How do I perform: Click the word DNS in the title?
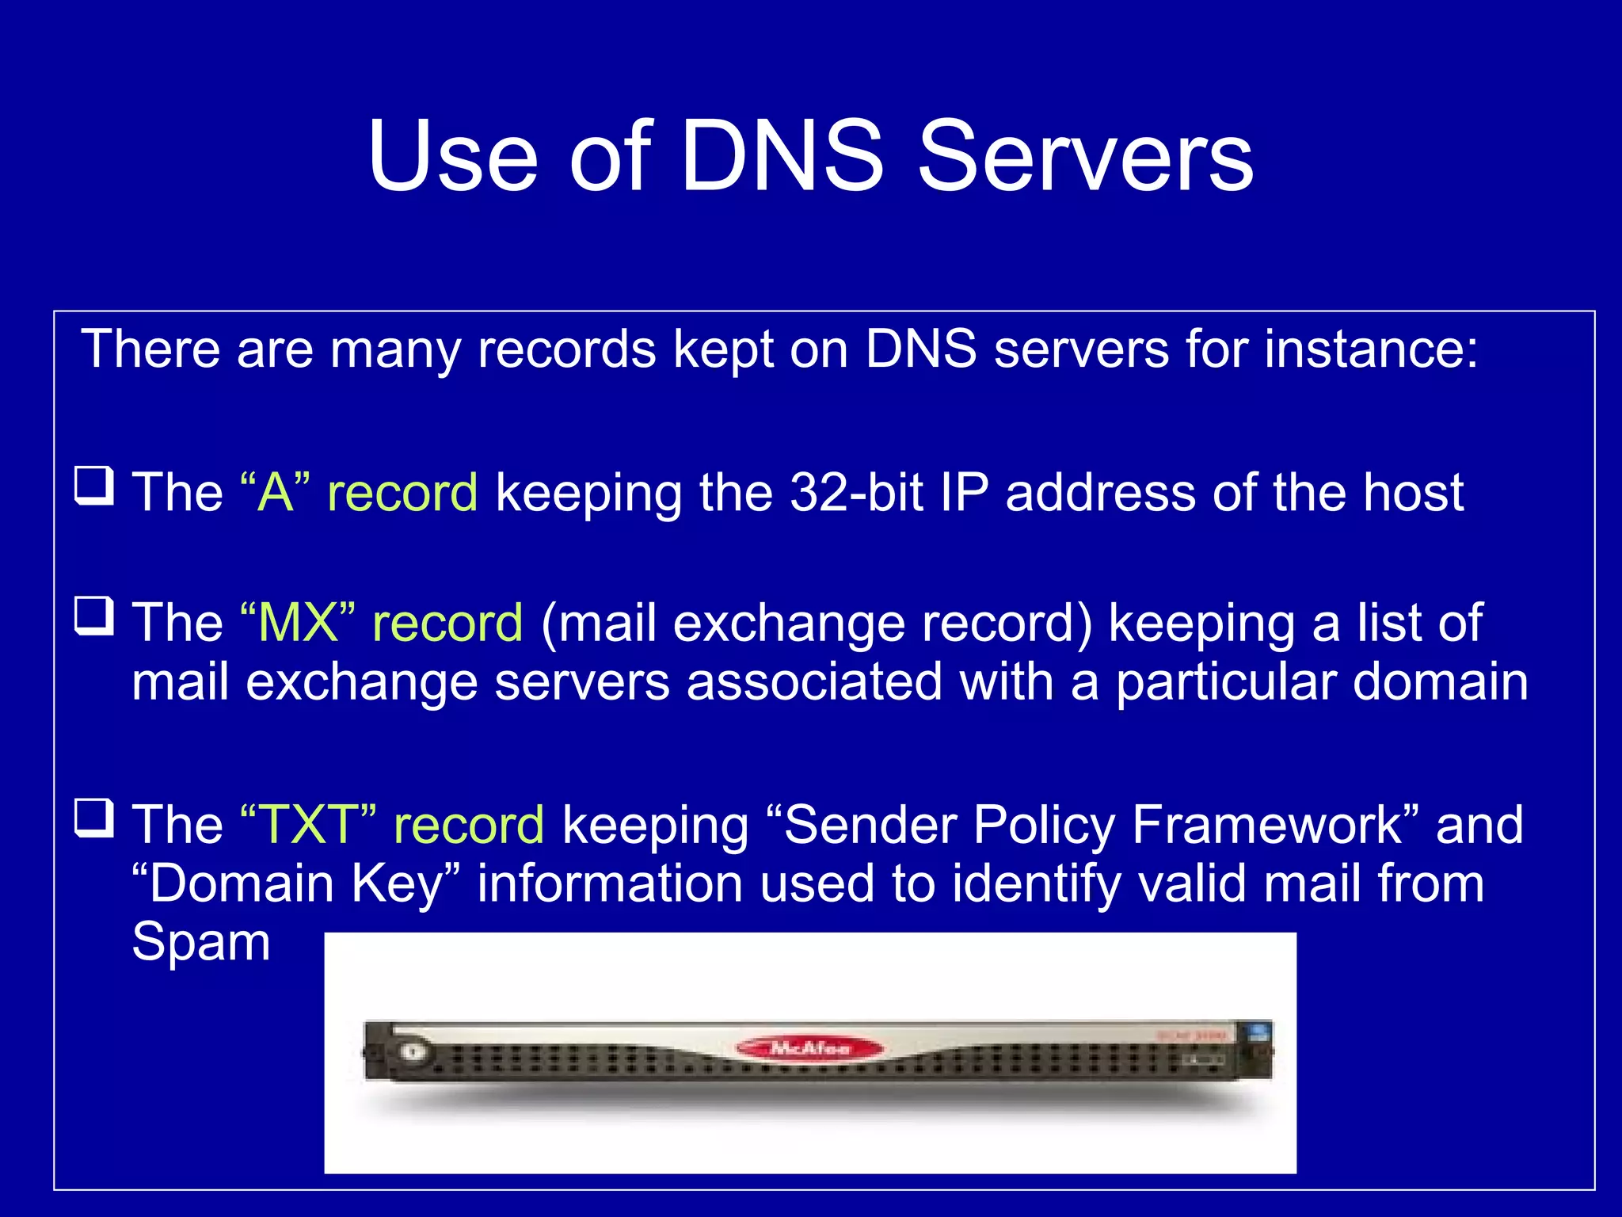click(x=781, y=156)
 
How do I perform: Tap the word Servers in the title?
click(x=1085, y=156)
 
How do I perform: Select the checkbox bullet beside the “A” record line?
click(x=94, y=486)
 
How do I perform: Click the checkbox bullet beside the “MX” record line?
click(x=94, y=616)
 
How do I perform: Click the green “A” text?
click(x=275, y=492)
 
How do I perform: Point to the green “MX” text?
click(x=297, y=623)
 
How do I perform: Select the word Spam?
click(x=201, y=943)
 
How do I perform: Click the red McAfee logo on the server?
click(x=809, y=1048)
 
